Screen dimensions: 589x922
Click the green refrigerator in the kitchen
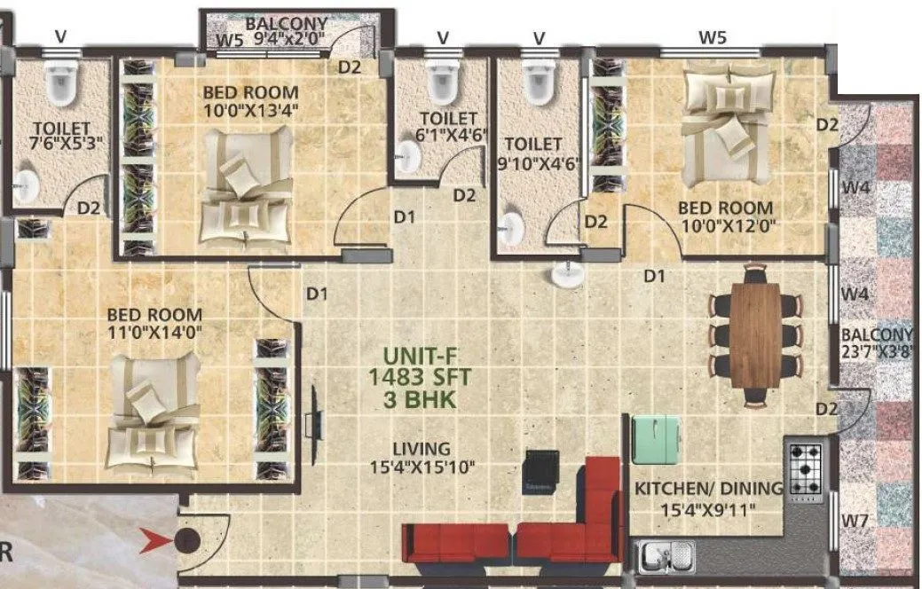click(x=657, y=438)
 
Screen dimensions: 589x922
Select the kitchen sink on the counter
click(x=666, y=557)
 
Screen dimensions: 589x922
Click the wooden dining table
click(x=755, y=334)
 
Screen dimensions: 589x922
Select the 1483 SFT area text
click(x=420, y=378)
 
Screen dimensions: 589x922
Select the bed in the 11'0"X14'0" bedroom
click(x=153, y=413)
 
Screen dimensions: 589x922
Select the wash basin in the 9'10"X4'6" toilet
click(x=510, y=230)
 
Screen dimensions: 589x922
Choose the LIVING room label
click(x=422, y=449)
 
